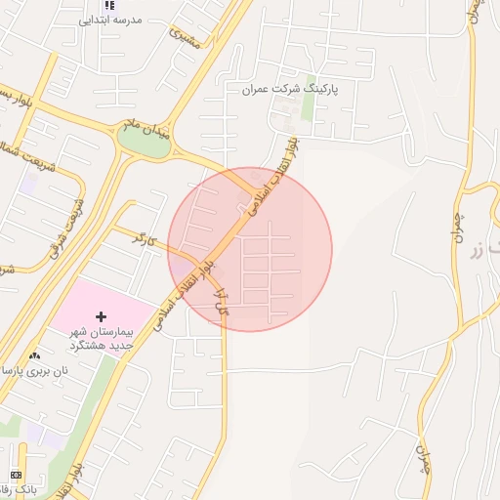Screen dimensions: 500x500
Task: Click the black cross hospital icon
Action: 101,316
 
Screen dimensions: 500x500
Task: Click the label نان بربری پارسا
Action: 39,371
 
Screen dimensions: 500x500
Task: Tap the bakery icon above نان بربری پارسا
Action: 35,355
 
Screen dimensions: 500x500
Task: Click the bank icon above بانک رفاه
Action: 14,475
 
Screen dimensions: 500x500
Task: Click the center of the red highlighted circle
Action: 250,250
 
